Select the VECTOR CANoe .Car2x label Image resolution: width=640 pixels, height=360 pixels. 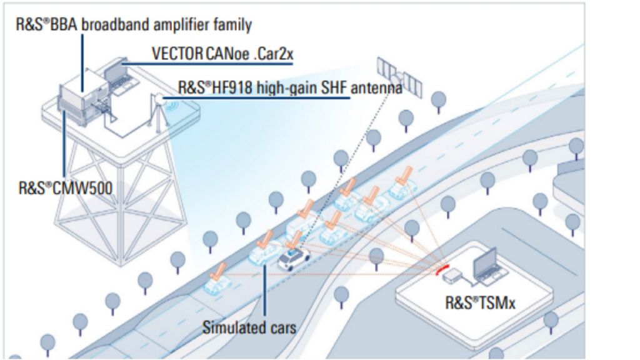point(222,54)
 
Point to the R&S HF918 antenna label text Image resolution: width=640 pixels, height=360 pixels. point(290,87)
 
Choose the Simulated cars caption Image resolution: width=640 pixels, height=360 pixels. point(249,327)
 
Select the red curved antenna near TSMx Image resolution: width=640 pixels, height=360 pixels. point(443,269)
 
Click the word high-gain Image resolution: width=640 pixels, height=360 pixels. point(281,87)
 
